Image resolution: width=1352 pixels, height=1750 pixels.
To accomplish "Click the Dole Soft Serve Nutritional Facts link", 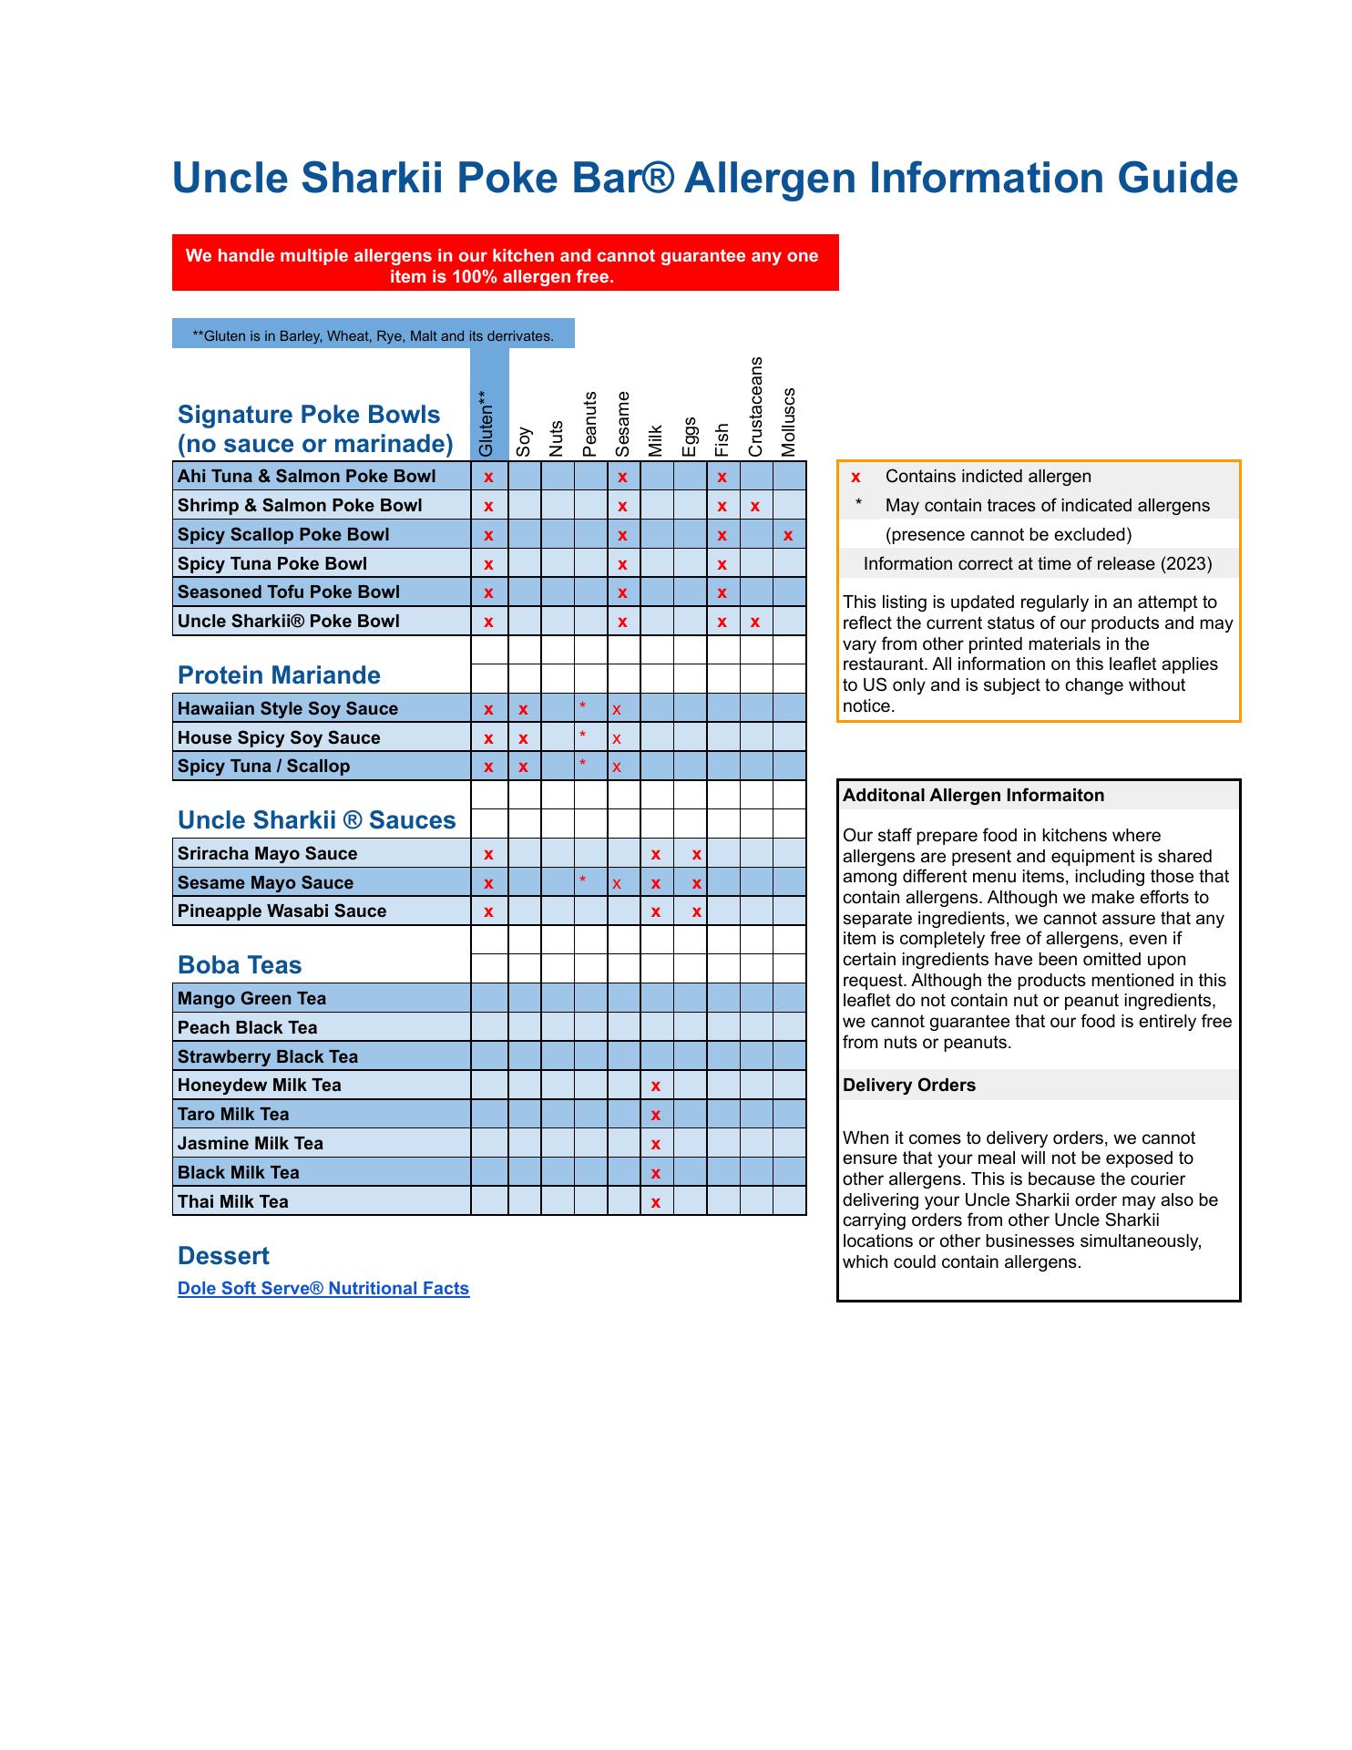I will point(323,1288).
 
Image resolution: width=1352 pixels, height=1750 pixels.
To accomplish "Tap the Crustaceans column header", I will point(755,407).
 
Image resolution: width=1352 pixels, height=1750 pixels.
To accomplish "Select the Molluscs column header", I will point(789,422).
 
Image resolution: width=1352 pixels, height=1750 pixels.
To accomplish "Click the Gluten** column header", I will point(487,424).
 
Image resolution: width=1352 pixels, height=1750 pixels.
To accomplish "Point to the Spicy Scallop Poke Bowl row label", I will point(283,534).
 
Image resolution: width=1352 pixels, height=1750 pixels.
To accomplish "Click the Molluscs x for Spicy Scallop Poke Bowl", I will point(788,536).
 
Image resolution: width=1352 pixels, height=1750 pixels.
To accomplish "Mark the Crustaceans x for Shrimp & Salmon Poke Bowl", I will point(755,507).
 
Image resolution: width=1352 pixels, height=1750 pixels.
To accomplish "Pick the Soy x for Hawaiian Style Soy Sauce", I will point(523,710).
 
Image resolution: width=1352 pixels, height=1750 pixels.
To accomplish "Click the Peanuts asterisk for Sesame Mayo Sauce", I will point(582,880).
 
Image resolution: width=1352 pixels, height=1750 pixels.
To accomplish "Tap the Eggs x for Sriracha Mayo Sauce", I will point(696,855).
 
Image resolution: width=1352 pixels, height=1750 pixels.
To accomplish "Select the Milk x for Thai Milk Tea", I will point(656,1203).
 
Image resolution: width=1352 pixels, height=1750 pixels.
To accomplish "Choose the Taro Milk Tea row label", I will point(233,1114).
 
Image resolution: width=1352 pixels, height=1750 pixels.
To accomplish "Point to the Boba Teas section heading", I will point(240,965).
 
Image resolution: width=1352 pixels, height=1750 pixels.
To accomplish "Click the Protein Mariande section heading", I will point(279,675).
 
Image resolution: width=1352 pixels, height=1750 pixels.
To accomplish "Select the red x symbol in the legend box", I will point(855,477).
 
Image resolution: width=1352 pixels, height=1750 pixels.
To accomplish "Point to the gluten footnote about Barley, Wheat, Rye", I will point(373,335).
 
